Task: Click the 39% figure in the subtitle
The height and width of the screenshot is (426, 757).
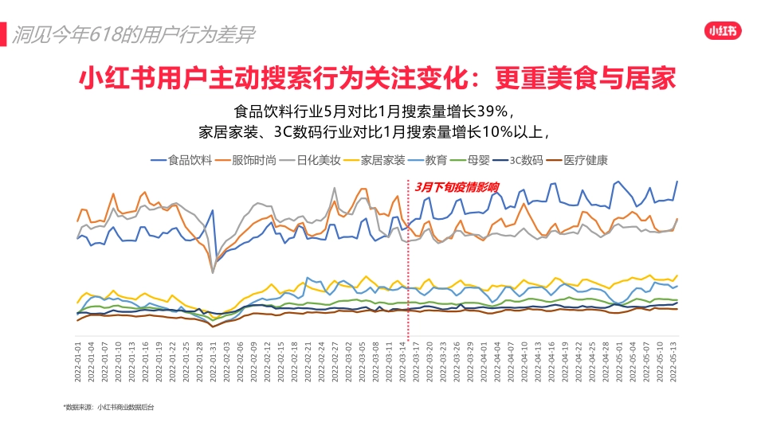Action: (500, 110)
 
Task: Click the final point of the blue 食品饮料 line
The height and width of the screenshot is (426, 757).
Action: (677, 182)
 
